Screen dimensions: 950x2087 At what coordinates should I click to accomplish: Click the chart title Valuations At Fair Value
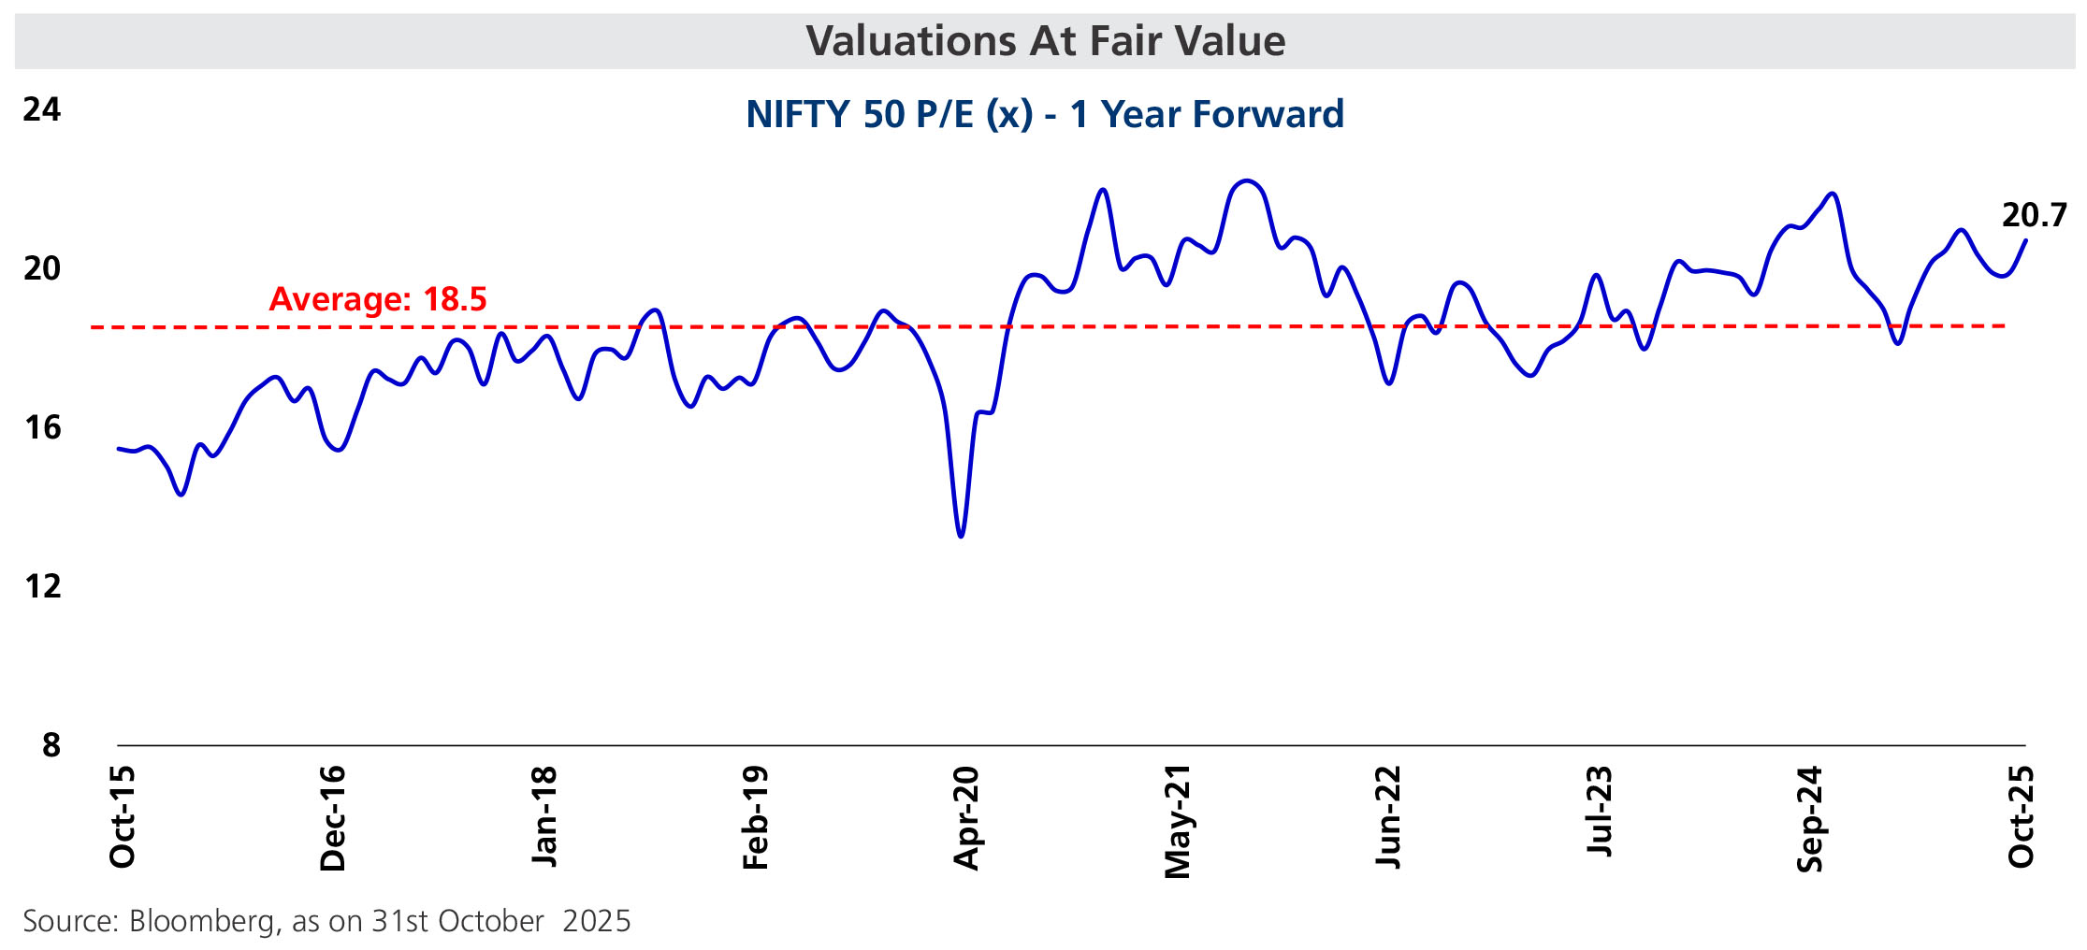[x=1045, y=41]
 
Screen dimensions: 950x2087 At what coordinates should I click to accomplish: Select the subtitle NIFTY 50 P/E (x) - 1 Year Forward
[x=1045, y=114]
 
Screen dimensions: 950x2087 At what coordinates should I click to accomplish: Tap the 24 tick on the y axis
[x=42, y=109]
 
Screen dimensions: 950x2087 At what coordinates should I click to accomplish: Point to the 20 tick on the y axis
[x=42, y=268]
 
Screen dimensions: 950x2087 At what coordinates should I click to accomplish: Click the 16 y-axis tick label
[x=42, y=427]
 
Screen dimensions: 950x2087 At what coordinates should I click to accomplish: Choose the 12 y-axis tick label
[x=42, y=586]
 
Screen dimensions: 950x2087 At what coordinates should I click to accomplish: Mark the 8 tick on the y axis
[x=51, y=745]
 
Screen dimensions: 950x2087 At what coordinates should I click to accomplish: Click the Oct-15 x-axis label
[x=123, y=817]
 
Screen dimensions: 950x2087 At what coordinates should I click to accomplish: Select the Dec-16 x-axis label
[x=333, y=819]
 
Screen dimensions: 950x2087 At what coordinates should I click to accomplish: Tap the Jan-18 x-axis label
[x=544, y=817]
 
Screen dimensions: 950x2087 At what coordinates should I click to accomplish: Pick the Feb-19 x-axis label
[x=755, y=818]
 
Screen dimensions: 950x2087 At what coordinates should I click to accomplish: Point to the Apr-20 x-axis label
[x=966, y=818]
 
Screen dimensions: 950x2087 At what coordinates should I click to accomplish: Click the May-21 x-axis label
[x=1177, y=822]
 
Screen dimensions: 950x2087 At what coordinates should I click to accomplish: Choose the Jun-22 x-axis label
[x=1388, y=817]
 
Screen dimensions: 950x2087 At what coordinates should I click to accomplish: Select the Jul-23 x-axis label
[x=1600, y=812]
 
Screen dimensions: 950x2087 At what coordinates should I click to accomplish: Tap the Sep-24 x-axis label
[x=1810, y=819]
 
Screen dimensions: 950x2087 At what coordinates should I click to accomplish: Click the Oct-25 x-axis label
[x=2021, y=817]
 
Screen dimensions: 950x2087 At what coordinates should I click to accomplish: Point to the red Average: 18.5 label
[x=378, y=299]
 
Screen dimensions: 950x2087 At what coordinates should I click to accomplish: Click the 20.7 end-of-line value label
[x=2034, y=216]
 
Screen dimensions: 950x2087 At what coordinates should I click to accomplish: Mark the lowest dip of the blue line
[x=961, y=536]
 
